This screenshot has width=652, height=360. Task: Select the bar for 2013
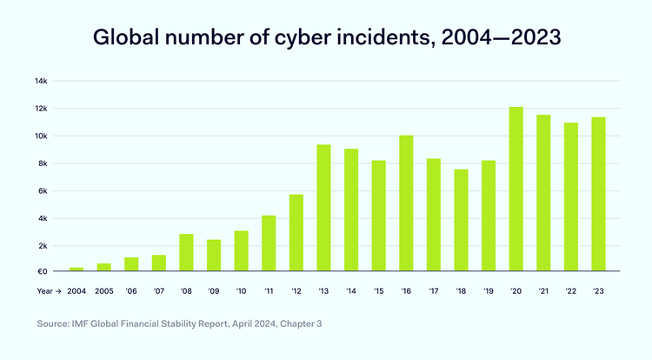pyautogui.click(x=323, y=208)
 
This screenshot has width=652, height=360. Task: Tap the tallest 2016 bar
pyautogui.click(x=406, y=203)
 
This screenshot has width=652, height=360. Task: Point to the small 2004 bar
pyautogui.click(x=76, y=269)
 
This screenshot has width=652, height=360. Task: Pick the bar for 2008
pyautogui.click(x=186, y=252)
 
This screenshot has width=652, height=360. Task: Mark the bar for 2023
pyautogui.click(x=598, y=194)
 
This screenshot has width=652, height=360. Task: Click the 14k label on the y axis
pyautogui.click(x=41, y=81)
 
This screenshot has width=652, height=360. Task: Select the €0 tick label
pyautogui.click(x=41, y=271)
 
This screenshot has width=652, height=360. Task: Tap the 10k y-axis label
pyautogui.click(x=41, y=137)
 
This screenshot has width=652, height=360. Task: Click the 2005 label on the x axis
pyautogui.click(x=103, y=292)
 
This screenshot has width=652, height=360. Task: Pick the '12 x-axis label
pyautogui.click(x=296, y=292)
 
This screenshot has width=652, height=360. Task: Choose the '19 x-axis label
pyautogui.click(x=489, y=292)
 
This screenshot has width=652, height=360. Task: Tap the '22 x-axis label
pyautogui.click(x=570, y=292)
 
